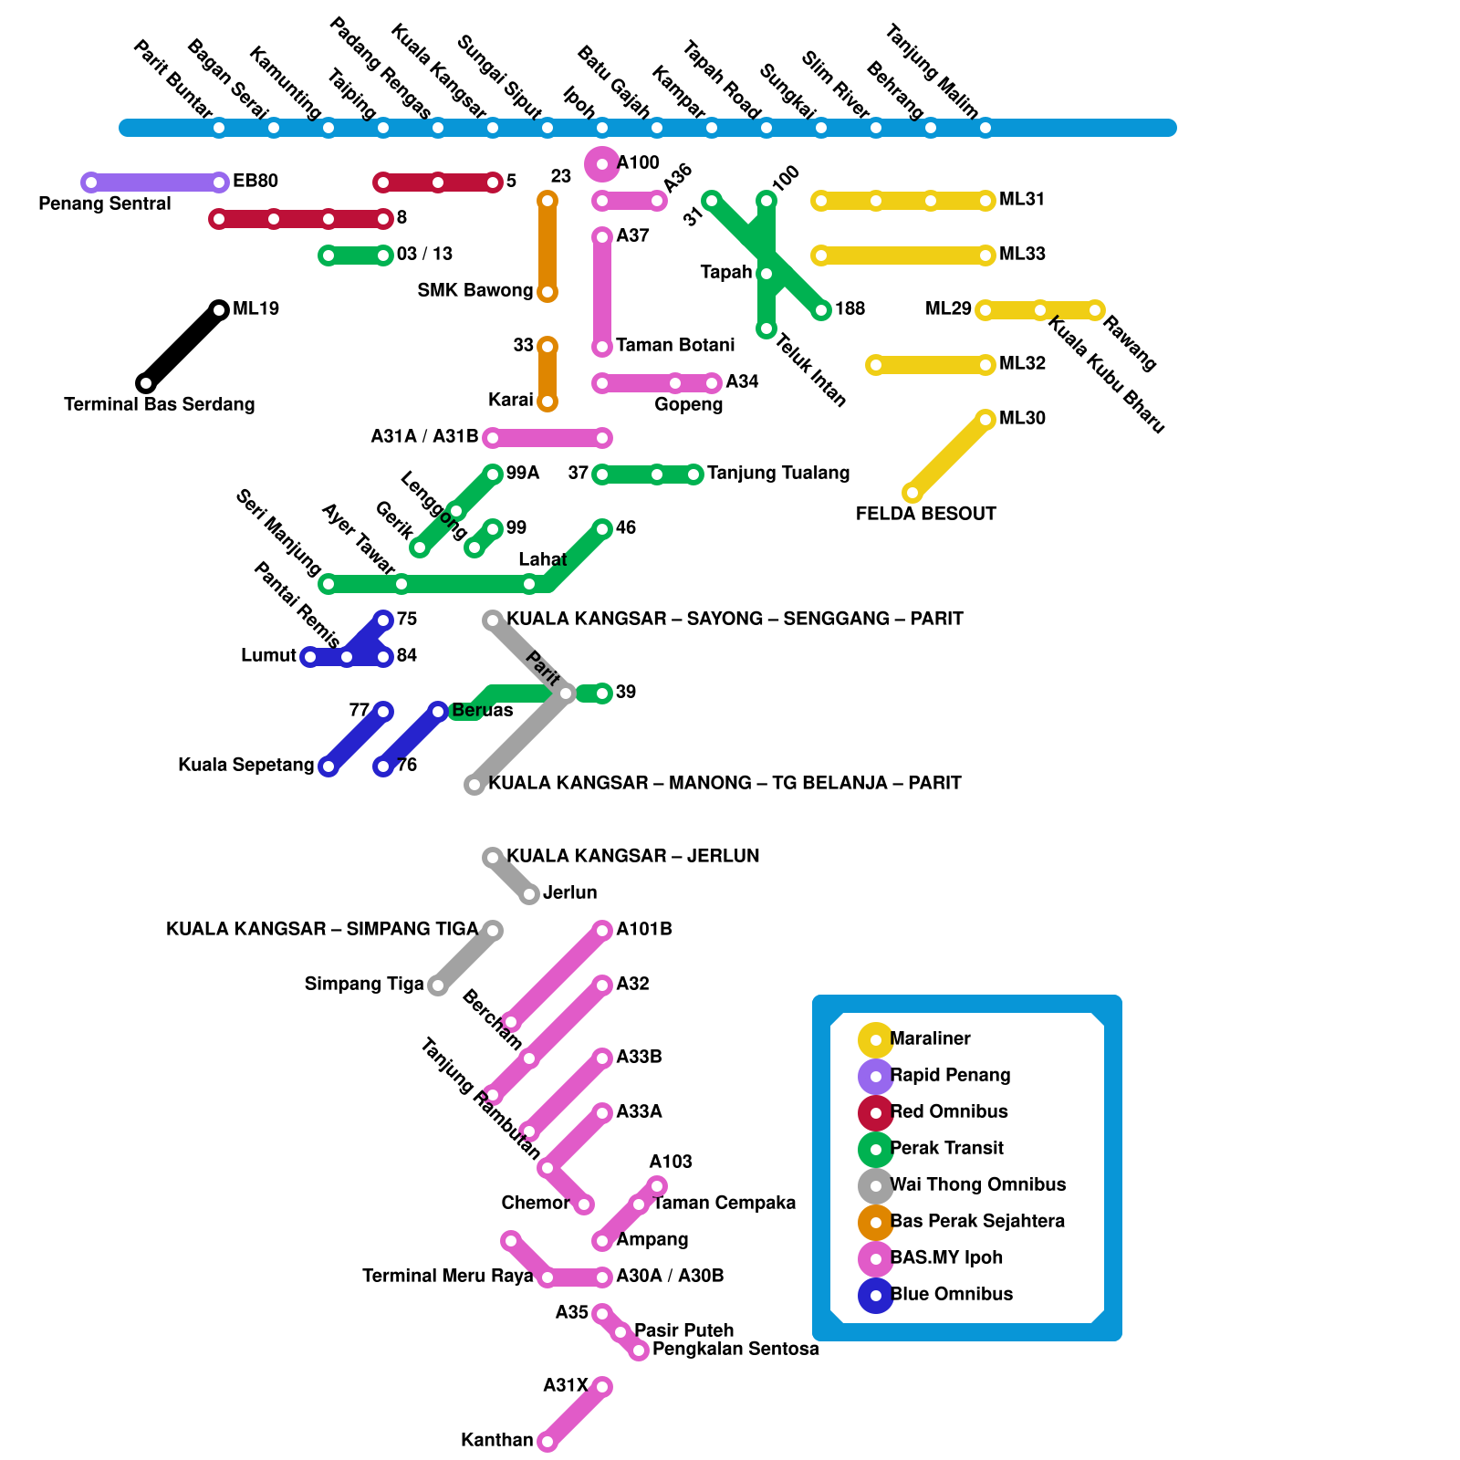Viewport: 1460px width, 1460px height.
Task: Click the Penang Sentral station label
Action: tap(104, 203)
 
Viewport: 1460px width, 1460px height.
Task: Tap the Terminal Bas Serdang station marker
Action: tap(146, 383)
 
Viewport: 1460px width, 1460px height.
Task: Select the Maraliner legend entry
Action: tap(929, 1038)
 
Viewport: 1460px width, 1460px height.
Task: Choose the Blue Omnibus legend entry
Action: tap(951, 1294)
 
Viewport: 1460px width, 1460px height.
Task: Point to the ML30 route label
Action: tap(1022, 418)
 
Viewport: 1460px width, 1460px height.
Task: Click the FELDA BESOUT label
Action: tap(925, 514)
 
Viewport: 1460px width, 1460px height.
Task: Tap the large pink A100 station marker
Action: tap(602, 164)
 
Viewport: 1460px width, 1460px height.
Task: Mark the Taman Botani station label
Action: tap(674, 345)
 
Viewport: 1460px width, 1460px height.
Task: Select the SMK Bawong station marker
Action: tap(547, 292)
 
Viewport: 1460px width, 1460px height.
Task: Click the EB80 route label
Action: tap(255, 181)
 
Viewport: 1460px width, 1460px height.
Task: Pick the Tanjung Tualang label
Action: tap(777, 473)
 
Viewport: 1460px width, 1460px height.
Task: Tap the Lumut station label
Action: tap(268, 655)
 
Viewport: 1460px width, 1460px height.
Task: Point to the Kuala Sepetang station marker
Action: tap(328, 766)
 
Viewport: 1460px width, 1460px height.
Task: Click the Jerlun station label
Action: tap(569, 892)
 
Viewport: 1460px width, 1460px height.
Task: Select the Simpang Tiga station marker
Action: tap(438, 985)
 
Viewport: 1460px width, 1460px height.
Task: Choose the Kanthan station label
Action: tap(496, 1440)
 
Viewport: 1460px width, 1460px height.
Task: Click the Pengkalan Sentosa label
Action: tap(735, 1349)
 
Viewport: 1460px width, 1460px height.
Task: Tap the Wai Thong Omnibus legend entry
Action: tap(976, 1184)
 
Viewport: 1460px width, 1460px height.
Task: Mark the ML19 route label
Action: tap(255, 308)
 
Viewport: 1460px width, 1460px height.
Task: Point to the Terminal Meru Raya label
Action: tap(447, 1276)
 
